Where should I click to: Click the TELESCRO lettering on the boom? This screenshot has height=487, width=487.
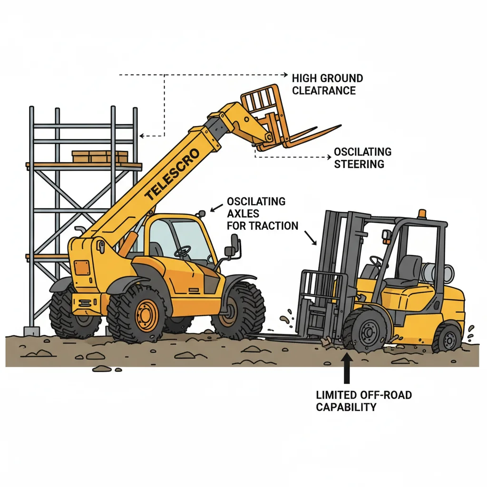click(x=171, y=174)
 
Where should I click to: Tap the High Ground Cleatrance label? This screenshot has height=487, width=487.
click(x=328, y=84)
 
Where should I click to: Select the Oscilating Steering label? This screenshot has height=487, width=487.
click(x=362, y=158)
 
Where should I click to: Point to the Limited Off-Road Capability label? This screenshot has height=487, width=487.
click(x=364, y=400)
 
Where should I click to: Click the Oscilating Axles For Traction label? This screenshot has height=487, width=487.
click(x=263, y=214)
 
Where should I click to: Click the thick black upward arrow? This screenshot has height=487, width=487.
click(x=347, y=369)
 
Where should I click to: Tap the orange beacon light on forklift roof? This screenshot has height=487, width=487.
click(x=422, y=214)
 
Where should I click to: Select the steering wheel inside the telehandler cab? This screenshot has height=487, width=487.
click(x=183, y=251)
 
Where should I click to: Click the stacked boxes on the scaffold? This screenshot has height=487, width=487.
click(x=100, y=156)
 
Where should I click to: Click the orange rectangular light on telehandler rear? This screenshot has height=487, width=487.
click(x=82, y=267)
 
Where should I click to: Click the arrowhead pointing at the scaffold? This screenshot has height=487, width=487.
click(x=142, y=136)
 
